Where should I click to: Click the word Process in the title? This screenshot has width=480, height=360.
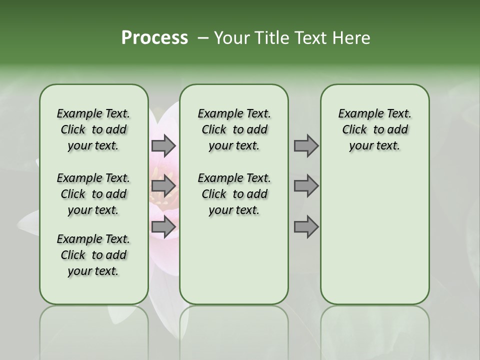tap(154, 38)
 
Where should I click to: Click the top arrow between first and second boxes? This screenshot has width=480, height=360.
tap(163, 145)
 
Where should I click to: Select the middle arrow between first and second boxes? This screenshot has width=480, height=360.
tap(163, 186)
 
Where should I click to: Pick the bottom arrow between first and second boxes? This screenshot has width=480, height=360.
tap(163, 227)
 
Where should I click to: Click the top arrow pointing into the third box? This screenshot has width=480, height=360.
tap(306, 145)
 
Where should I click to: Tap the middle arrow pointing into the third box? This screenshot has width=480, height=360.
tap(306, 186)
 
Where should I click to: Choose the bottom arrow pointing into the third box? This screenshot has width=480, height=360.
tap(306, 227)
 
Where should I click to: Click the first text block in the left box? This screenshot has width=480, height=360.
tap(93, 129)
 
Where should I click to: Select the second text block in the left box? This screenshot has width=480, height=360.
tap(93, 194)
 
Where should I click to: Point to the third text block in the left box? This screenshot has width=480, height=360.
tap(93, 255)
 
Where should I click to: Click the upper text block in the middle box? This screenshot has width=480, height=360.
tap(234, 129)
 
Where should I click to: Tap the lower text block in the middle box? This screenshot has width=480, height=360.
tap(234, 194)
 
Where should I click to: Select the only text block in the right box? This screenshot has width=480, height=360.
tap(374, 129)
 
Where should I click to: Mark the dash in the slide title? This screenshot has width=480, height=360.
tap(203, 38)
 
